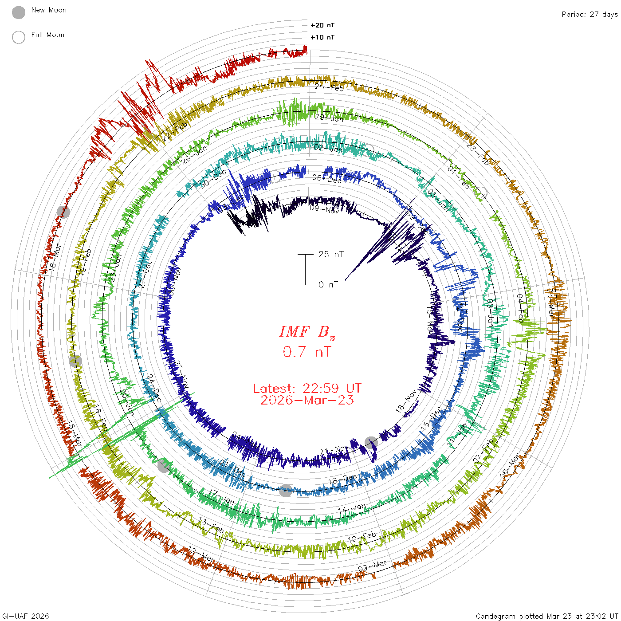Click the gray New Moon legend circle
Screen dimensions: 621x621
point(19,13)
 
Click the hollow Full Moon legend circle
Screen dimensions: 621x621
point(19,37)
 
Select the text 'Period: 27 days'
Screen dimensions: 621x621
point(590,14)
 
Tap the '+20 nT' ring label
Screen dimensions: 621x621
point(322,25)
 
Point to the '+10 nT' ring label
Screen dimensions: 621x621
point(322,37)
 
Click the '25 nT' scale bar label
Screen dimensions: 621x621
point(331,254)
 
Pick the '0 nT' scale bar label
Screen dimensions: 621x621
point(328,284)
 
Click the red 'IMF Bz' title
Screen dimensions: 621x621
point(307,332)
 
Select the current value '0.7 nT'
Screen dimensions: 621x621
point(307,352)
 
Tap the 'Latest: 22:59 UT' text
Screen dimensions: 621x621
point(307,389)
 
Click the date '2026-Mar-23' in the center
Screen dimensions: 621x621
point(307,400)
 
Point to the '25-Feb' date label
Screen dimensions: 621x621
point(329,87)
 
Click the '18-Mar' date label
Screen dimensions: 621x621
point(54,258)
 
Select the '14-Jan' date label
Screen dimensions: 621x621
point(352,509)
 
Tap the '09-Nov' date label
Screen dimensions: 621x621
point(324,208)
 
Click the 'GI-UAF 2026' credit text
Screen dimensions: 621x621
point(25,616)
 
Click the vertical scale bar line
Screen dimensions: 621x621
point(305,269)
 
